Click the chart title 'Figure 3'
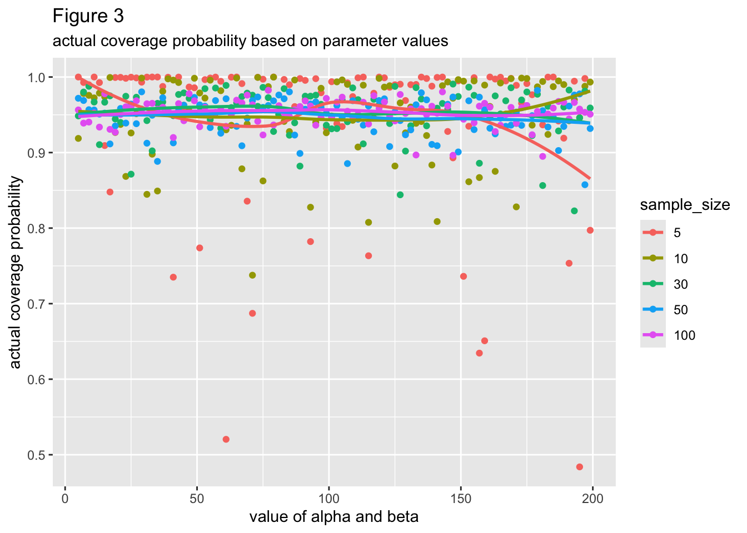(88, 17)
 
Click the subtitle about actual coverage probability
(250, 41)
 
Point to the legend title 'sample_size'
(685, 205)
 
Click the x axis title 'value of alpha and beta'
(333, 517)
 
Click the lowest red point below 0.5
(580, 467)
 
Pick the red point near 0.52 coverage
(226, 439)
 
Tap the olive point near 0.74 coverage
(252, 275)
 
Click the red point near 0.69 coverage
(252, 313)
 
